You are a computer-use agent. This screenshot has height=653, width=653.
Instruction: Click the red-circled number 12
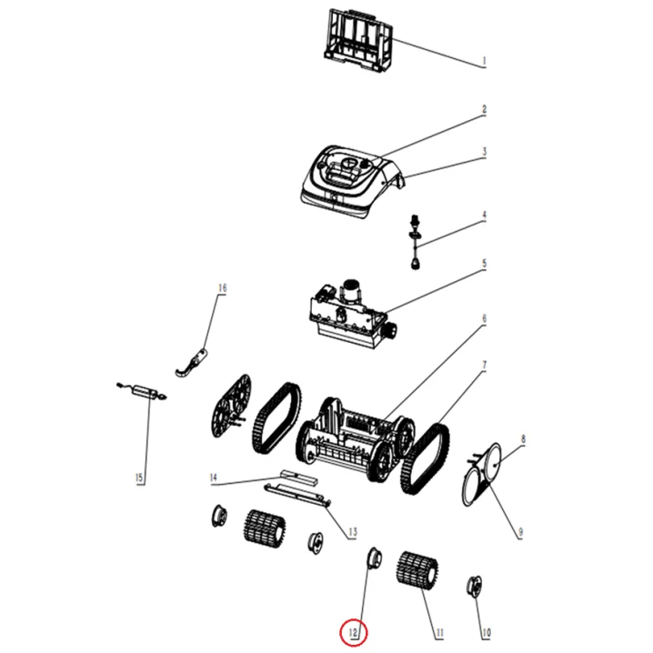(x=353, y=633)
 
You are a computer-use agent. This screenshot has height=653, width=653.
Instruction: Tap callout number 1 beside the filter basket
(x=484, y=61)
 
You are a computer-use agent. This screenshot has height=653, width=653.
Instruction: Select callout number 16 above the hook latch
(x=223, y=287)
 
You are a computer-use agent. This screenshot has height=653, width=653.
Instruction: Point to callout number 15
(x=139, y=477)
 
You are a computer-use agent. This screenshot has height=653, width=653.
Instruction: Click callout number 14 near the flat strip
(x=214, y=477)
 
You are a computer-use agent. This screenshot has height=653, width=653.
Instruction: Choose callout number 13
(x=353, y=532)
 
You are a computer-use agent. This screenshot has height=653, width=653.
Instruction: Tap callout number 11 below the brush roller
(x=440, y=633)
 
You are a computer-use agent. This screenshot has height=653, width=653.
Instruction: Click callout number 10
(x=486, y=633)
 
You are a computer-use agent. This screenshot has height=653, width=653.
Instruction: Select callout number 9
(x=520, y=532)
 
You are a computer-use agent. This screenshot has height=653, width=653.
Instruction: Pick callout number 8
(x=523, y=439)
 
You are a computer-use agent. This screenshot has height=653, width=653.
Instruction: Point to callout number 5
(x=484, y=264)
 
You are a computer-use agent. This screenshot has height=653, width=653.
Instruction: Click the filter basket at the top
(x=358, y=40)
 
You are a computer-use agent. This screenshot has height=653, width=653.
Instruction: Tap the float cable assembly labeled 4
(x=415, y=242)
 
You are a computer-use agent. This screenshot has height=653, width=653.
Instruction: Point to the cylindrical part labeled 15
(x=142, y=391)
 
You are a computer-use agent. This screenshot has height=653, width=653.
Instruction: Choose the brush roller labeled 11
(x=417, y=570)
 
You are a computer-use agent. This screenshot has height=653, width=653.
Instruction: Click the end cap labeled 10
(x=475, y=587)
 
